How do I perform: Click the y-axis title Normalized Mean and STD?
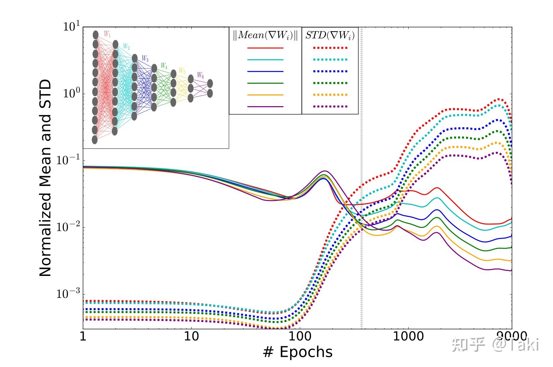[46, 178]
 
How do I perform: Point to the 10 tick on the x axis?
[191, 336]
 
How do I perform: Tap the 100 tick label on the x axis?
[299, 336]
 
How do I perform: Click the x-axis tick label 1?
[83, 336]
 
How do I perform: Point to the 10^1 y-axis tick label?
[72, 27]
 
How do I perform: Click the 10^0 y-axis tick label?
[72, 94]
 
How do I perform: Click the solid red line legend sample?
[265, 48]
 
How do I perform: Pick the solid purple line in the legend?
[265, 107]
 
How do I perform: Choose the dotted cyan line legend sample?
[330, 60]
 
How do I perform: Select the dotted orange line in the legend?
[330, 95]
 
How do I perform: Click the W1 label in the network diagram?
[107, 34]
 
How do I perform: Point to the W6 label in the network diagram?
[200, 75]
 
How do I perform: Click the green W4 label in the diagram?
[164, 66]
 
